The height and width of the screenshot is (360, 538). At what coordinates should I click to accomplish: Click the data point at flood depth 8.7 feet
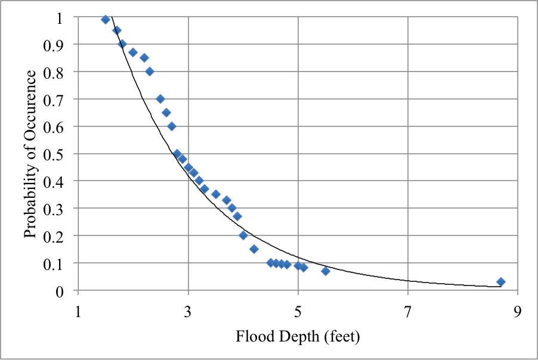click(501, 282)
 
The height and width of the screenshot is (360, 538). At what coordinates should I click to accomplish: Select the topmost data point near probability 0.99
click(106, 20)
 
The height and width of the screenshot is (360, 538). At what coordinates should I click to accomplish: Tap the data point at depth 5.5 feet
click(326, 271)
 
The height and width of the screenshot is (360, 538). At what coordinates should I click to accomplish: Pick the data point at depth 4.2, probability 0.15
click(254, 249)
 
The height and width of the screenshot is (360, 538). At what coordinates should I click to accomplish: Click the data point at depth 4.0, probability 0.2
click(243, 235)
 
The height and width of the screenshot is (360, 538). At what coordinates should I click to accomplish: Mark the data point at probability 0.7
click(160, 99)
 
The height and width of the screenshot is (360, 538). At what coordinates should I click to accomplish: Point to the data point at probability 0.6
click(172, 126)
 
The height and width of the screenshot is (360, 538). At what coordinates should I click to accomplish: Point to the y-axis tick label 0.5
click(60, 154)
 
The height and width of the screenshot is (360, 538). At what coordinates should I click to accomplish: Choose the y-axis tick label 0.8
click(60, 72)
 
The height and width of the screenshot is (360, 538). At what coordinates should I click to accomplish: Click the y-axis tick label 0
click(66, 290)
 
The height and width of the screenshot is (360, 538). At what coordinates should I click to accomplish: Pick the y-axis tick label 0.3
click(60, 209)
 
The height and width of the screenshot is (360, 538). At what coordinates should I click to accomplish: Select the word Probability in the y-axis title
click(31, 203)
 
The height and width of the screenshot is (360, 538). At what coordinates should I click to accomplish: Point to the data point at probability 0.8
click(150, 72)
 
